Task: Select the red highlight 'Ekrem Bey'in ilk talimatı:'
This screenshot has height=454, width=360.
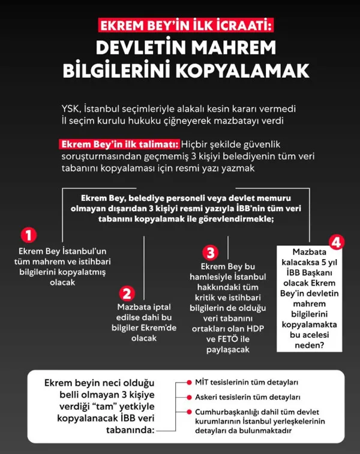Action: (x=120, y=145)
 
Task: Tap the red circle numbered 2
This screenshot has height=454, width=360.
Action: (x=127, y=293)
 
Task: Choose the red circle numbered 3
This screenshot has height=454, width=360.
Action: (x=209, y=252)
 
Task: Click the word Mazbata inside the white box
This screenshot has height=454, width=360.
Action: (x=310, y=253)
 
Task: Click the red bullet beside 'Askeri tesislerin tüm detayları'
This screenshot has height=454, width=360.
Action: (x=188, y=397)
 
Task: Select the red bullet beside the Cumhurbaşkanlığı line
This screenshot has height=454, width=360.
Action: (x=188, y=412)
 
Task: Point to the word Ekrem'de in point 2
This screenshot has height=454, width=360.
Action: (x=162, y=328)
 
